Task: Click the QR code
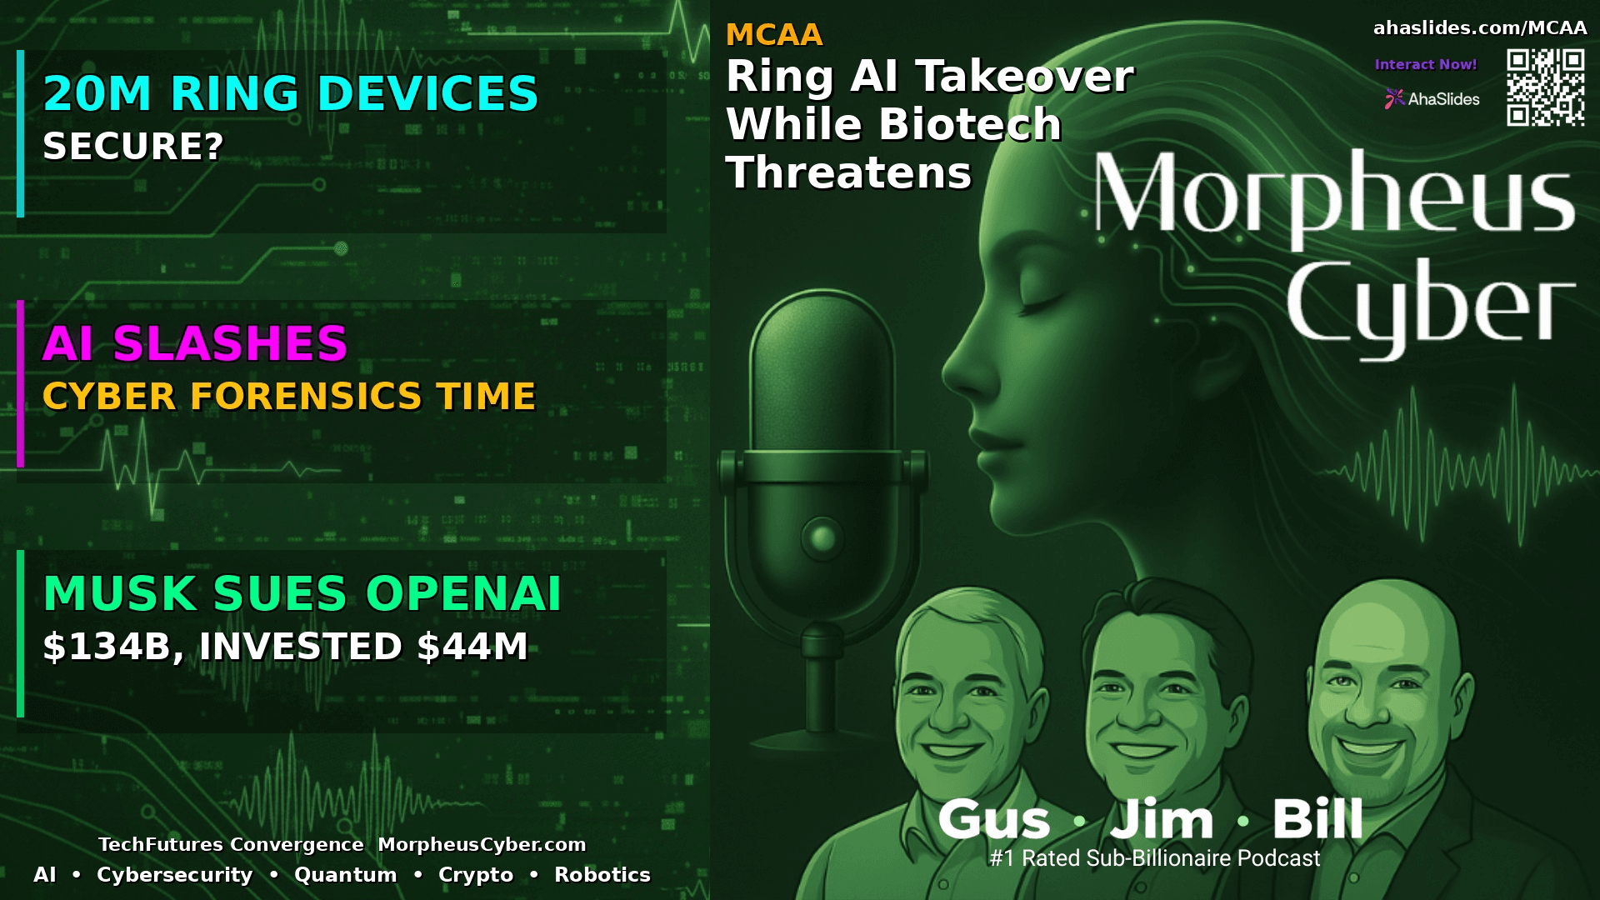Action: tap(1545, 87)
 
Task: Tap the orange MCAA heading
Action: tap(774, 35)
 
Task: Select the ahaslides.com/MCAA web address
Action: tap(1479, 28)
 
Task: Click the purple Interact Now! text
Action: tap(1425, 64)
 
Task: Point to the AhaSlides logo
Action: tap(1432, 99)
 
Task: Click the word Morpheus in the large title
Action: tap(1333, 196)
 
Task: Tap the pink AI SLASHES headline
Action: tap(195, 343)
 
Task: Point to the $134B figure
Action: tap(107, 647)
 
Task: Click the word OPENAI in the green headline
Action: tap(463, 593)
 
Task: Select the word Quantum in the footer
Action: tap(345, 875)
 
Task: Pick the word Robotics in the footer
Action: tap(602, 875)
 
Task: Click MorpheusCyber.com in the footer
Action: tap(482, 844)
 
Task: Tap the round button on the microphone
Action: tap(822, 538)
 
